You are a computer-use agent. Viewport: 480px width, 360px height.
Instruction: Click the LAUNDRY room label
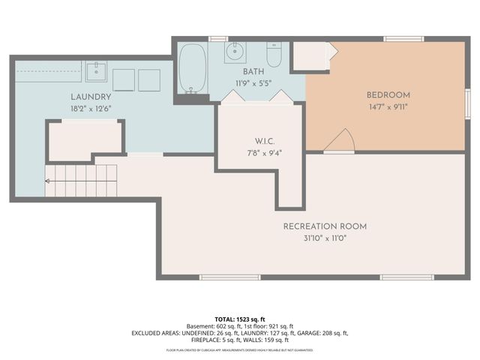pyautogui.click(x=91, y=97)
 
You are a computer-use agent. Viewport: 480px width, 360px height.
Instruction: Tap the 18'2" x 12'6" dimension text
pyautogui.click(x=91, y=108)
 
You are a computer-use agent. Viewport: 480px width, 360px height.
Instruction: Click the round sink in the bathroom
pyautogui.click(x=235, y=53)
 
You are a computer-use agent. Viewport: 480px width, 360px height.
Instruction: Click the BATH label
pyautogui.click(x=253, y=72)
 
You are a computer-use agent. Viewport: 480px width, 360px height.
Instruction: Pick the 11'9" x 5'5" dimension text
pyautogui.click(x=253, y=83)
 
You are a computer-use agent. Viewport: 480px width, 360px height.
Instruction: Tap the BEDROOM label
pyautogui.click(x=388, y=95)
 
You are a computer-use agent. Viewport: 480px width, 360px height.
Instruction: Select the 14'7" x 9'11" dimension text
pyautogui.click(x=388, y=106)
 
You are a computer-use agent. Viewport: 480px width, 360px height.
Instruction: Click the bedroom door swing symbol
pyautogui.click(x=342, y=140)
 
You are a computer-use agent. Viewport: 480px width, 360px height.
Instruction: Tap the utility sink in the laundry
pyautogui.click(x=97, y=73)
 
